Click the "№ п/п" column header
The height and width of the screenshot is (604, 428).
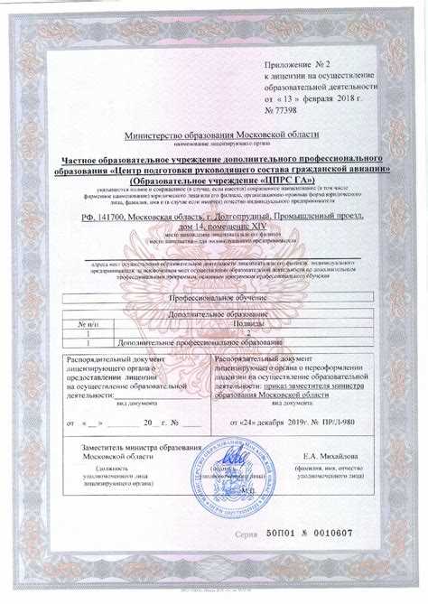(88, 322)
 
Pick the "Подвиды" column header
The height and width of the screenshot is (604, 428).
(248, 322)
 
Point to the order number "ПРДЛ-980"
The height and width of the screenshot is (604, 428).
(338, 423)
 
